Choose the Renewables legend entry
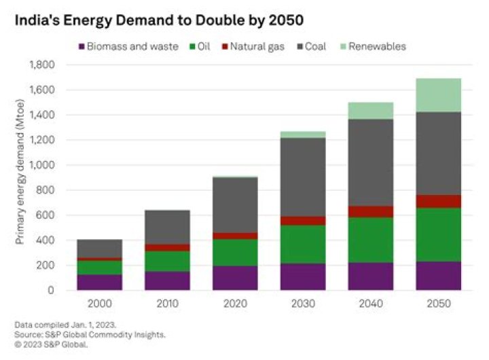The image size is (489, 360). (x=376, y=46)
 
